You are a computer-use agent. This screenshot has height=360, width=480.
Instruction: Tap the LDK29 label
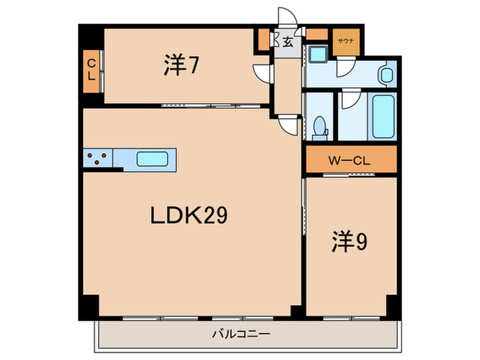coord(189,217)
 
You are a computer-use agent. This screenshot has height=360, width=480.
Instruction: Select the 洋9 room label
coord(349,241)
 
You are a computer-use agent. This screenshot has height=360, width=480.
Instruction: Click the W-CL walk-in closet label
coord(350,162)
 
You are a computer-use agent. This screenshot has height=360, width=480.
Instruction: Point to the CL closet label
coord(91,70)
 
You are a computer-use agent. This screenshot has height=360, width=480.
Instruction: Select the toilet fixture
coord(318,127)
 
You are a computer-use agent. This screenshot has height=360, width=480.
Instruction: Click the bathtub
coord(383,117)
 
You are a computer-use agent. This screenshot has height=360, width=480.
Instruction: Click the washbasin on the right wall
coord(385,75)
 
